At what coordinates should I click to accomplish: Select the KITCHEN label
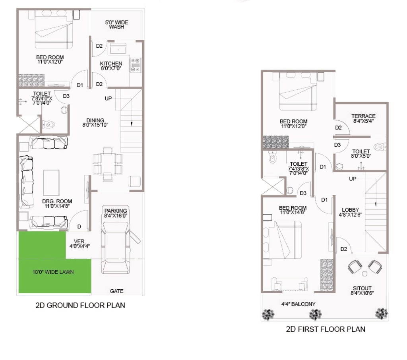(111, 64)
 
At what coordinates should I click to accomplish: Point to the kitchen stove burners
(135, 65)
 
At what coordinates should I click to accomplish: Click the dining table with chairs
(107, 164)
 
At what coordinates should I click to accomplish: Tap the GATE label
(116, 291)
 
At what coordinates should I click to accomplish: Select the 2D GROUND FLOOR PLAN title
(80, 305)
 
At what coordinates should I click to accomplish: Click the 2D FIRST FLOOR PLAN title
(326, 329)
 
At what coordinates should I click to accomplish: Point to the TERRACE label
(363, 116)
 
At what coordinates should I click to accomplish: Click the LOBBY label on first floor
(350, 210)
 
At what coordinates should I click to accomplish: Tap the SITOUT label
(362, 288)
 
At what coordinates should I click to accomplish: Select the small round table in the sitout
(365, 273)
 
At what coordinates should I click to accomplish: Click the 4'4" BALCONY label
(298, 304)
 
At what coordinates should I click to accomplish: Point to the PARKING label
(116, 211)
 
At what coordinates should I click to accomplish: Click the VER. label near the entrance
(79, 241)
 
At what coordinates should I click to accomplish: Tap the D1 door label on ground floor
(79, 85)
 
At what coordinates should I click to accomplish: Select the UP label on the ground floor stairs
(108, 99)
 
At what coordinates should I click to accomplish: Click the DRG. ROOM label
(57, 201)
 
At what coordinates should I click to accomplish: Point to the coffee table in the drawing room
(51, 183)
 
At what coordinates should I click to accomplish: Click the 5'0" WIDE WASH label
(116, 25)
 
